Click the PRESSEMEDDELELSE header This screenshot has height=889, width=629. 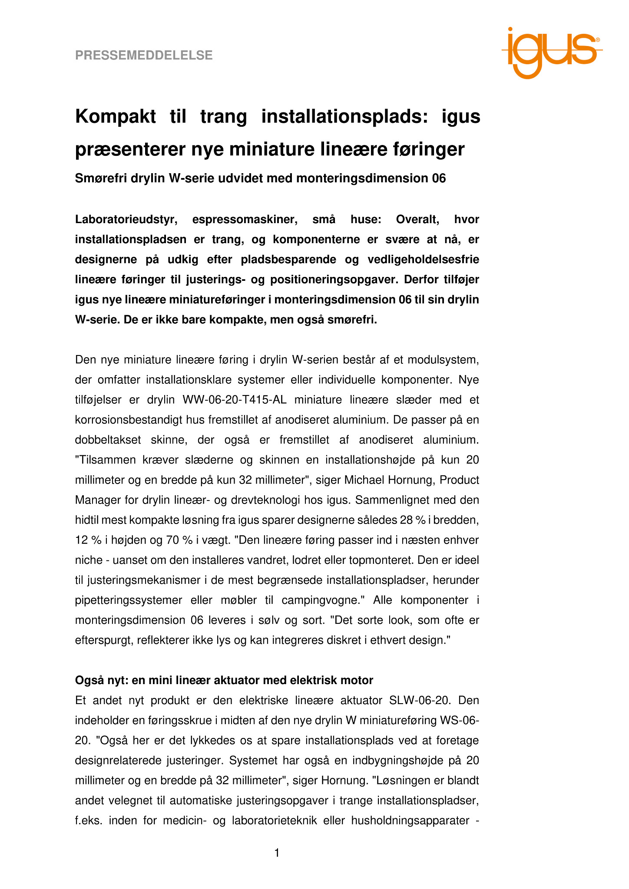coord(144,56)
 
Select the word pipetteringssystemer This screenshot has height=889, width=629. coord(129,600)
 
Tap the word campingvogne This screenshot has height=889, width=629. coord(322,600)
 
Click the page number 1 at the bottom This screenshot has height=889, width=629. coord(277,853)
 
